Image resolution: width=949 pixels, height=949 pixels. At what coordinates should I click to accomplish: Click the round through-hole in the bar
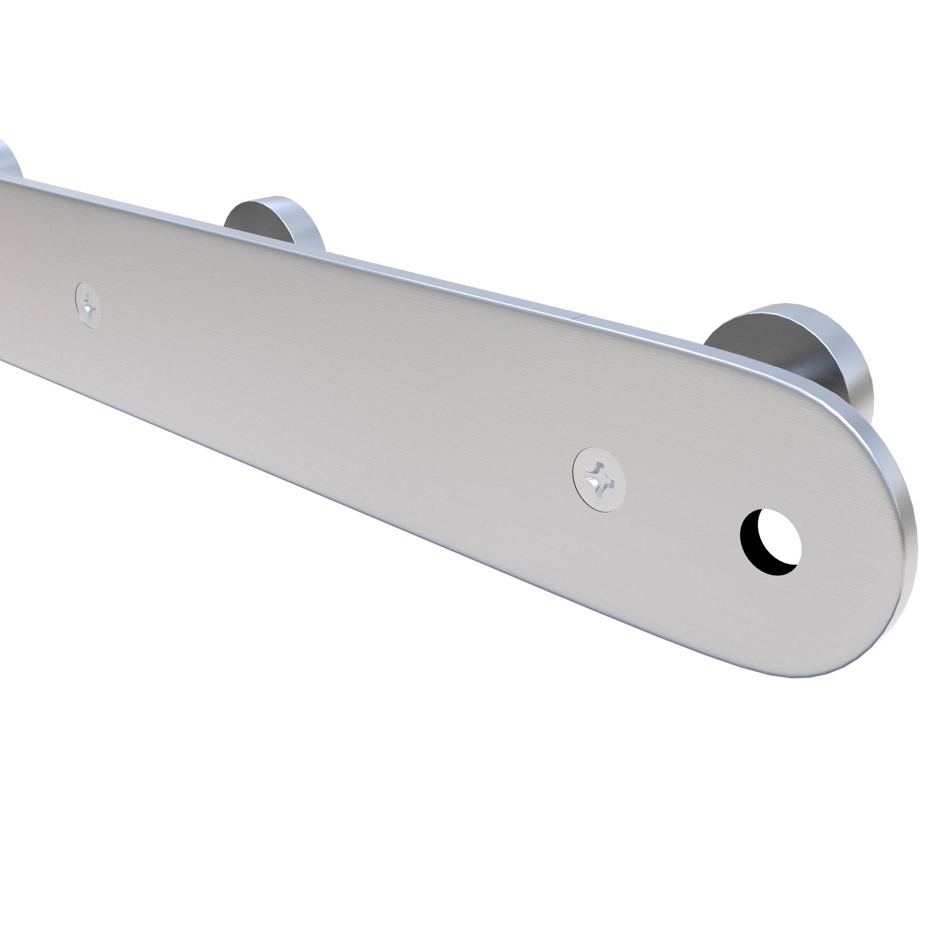pyautogui.click(x=770, y=542)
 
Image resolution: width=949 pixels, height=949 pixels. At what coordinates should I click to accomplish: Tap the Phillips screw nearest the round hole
pyautogui.click(x=599, y=479)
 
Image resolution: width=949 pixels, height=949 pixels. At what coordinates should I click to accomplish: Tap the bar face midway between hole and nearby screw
pyautogui.click(x=683, y=511)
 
